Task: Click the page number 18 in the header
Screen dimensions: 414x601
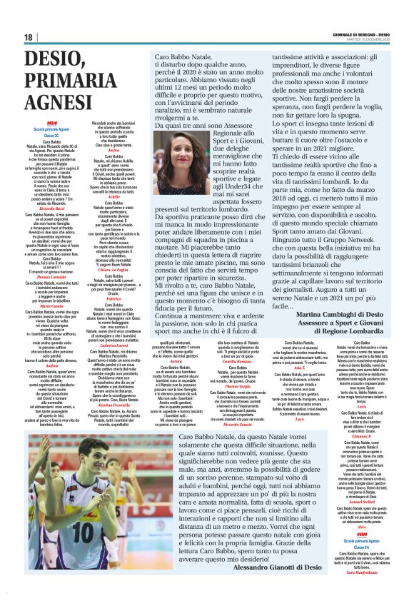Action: coord(28,37)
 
